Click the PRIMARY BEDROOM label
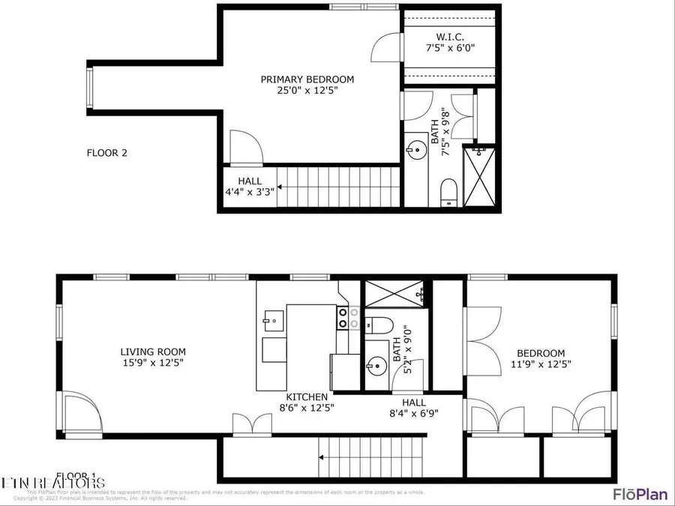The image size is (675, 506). [x=307, y=79]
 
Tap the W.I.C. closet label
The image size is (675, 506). [x=449, y=36]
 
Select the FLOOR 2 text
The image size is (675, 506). [x=107, y=153]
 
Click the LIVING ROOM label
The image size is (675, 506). [x=153, y=352]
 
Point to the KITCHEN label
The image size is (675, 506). [x=306, y=397]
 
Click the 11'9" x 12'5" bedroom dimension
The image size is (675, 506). [x=541, y=364]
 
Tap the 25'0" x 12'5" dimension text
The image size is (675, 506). [x=307, y=91]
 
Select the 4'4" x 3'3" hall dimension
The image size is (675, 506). [x=250, y=191]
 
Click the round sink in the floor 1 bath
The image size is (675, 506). [x=376, y=367]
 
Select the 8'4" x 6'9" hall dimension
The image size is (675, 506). [x=413, y=412]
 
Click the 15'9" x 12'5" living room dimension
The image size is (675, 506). [x=153, y=363]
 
